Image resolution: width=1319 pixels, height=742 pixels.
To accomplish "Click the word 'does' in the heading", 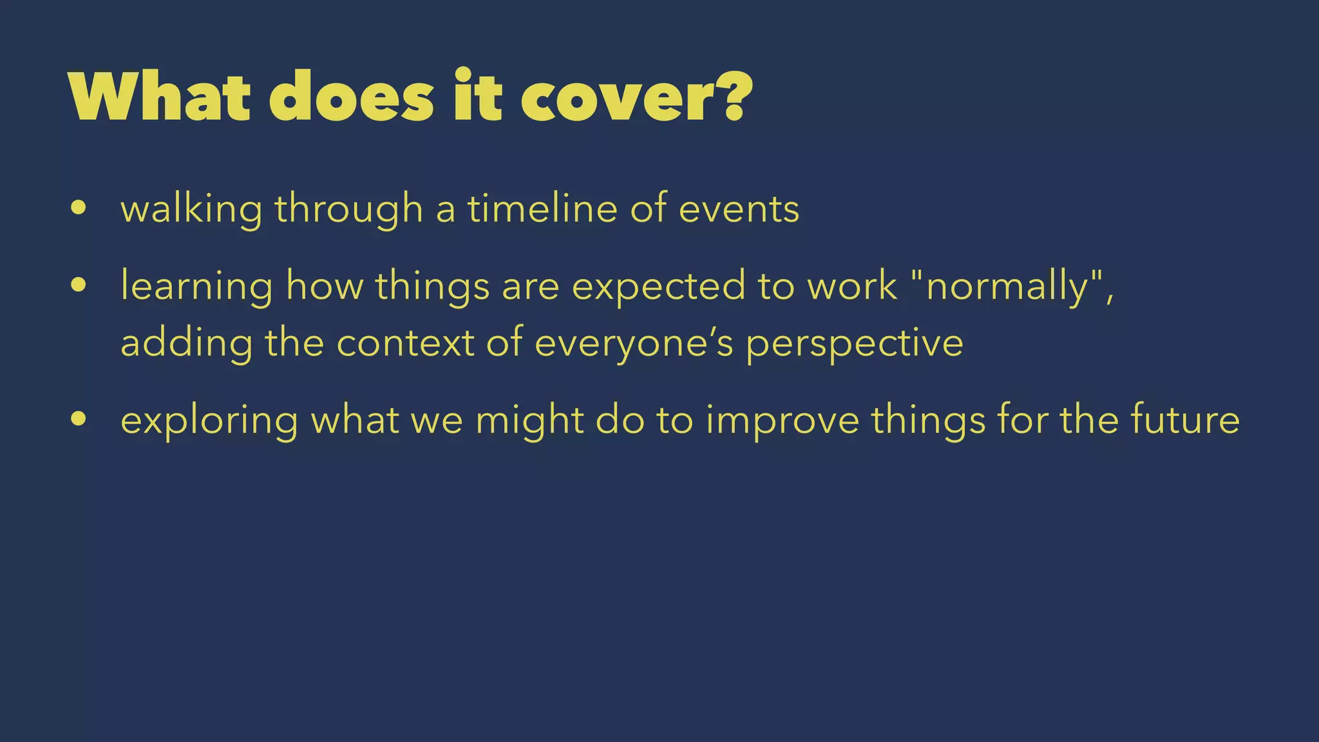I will point(351,98).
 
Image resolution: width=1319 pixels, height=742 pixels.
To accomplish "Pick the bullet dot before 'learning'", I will point(79,285).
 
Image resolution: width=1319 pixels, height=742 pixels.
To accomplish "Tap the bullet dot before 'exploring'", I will point(79,419).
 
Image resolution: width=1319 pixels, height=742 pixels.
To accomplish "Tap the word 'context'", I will point(405,343).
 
